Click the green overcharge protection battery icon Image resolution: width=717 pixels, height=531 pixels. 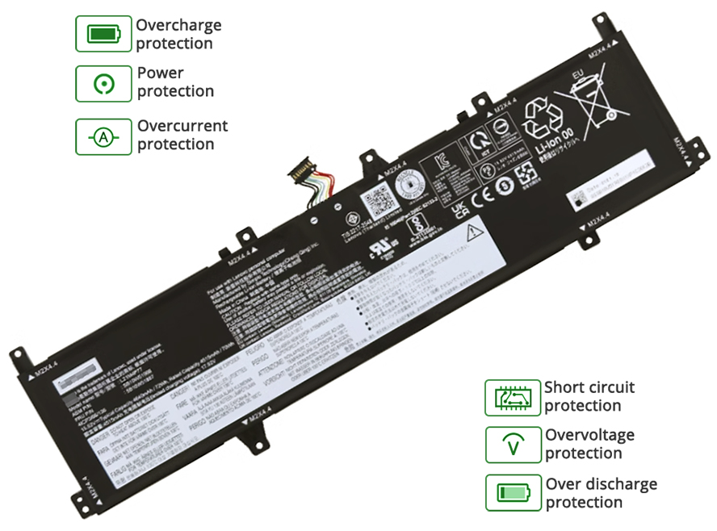pos(103,35)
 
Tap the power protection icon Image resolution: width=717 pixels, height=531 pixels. pos(103,83)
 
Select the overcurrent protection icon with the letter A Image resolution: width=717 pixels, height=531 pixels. pos(103,136)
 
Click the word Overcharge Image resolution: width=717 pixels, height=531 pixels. pos(178,25)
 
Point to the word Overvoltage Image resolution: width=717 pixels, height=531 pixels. pos(589,435)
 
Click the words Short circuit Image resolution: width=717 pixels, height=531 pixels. pos(589,387)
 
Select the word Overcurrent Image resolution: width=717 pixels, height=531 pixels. pos(182,126)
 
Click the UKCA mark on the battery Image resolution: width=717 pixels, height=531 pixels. pos(457,209)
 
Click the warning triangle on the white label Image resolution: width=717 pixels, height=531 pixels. pos(474,233)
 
